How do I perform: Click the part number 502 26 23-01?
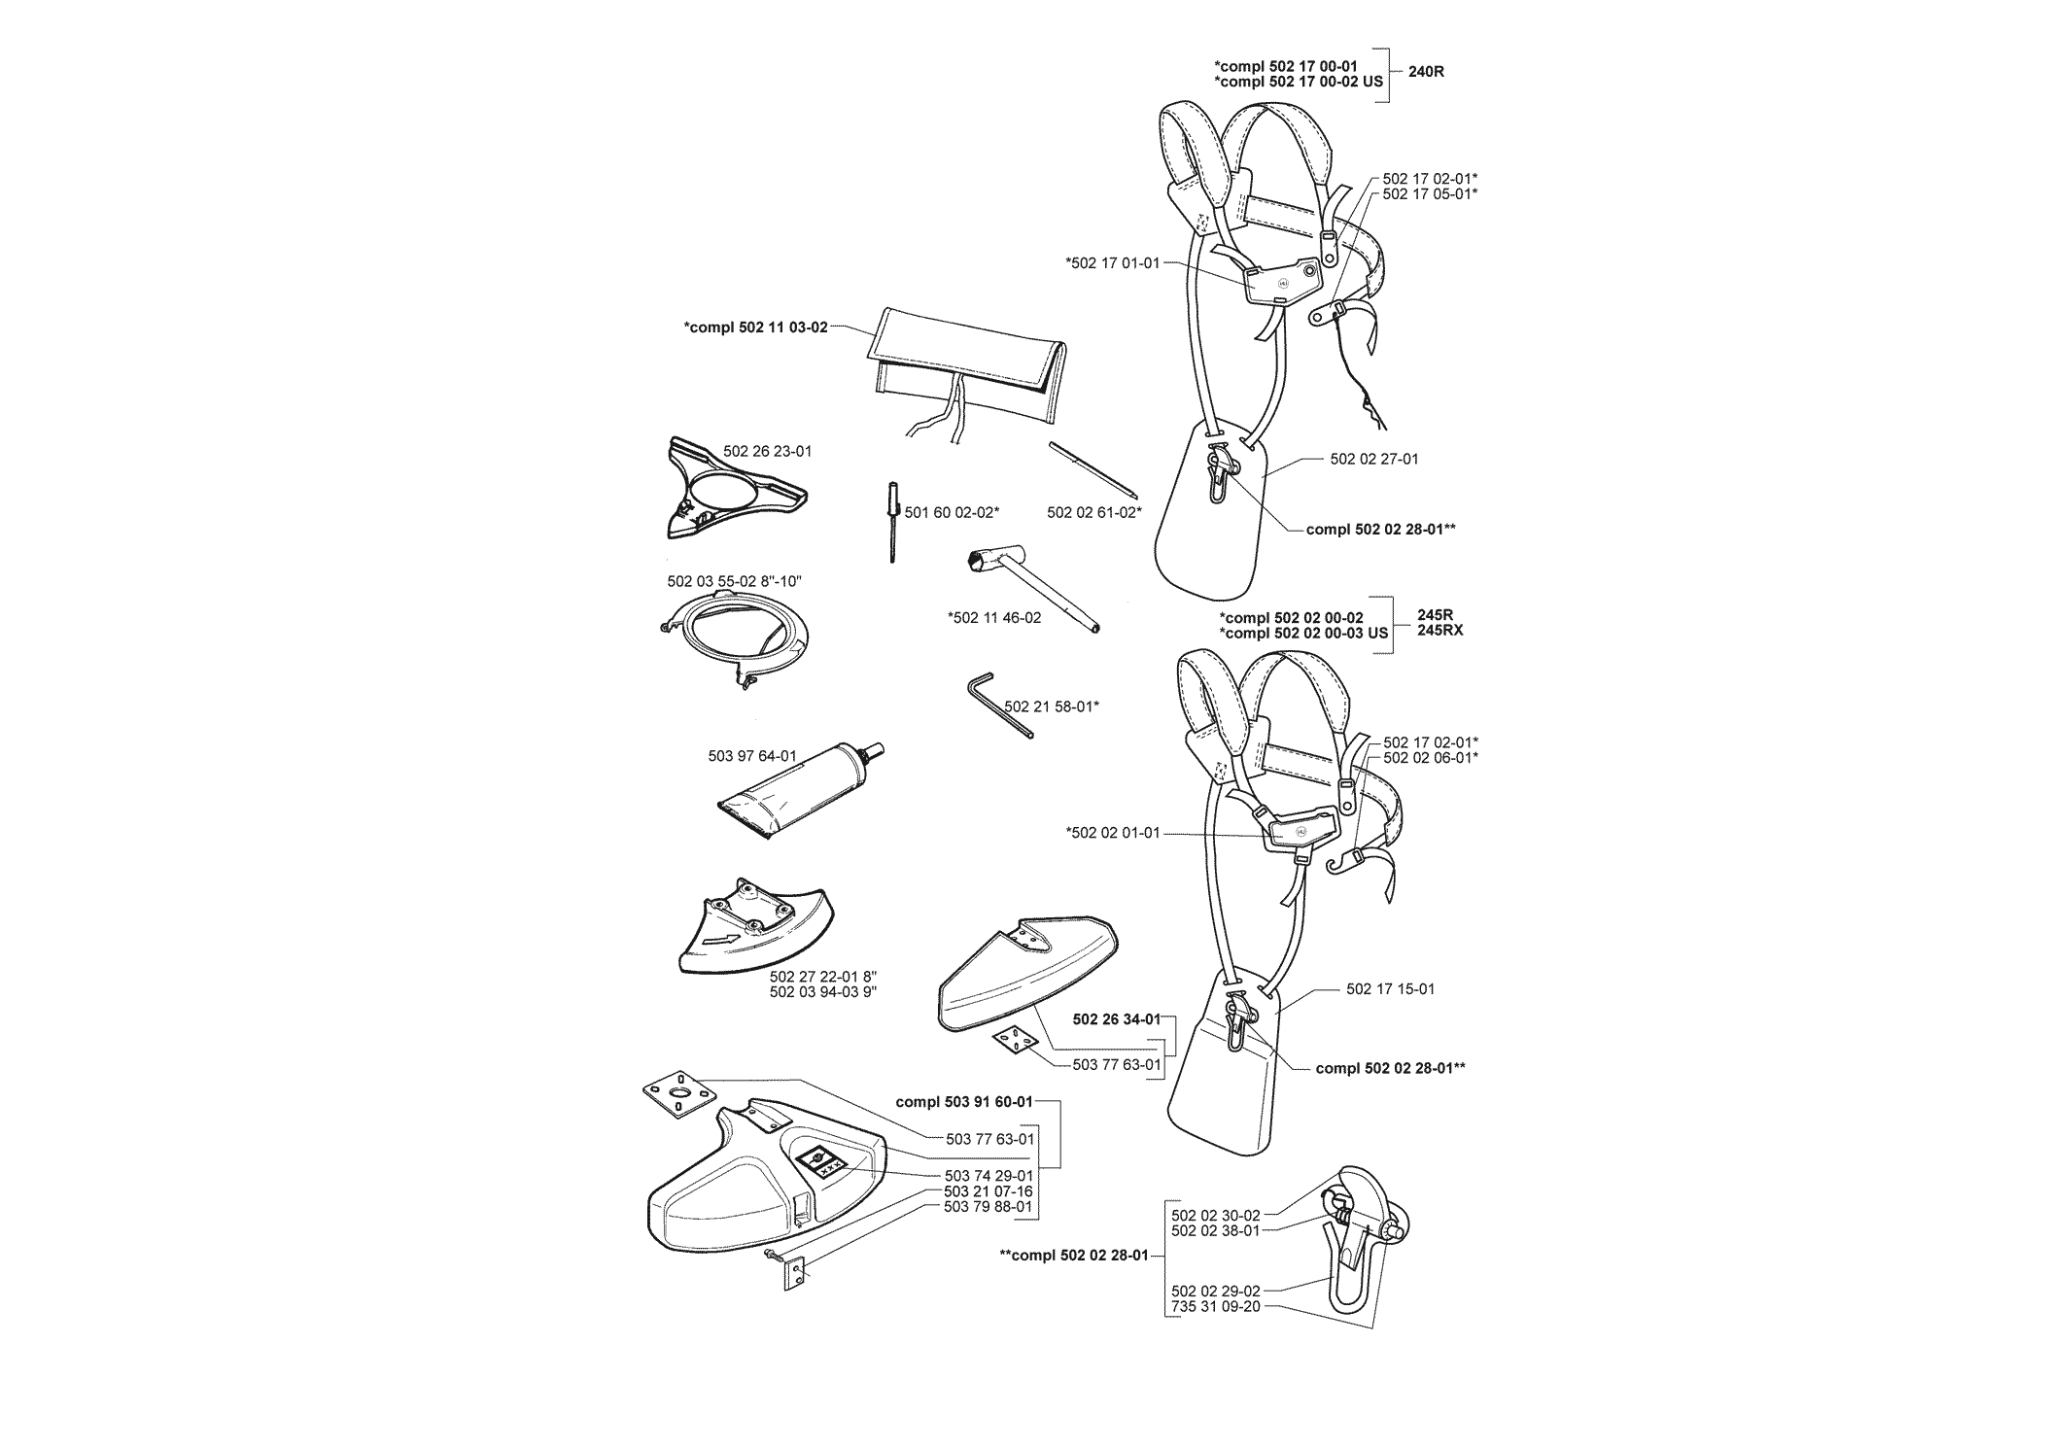point(767,452)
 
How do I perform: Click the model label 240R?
point(1426,72)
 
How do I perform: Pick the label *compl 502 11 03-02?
point(756,328)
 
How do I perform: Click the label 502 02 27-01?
point(1373,459)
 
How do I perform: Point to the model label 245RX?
point(1439,631)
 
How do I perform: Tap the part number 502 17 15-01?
point(1390,989)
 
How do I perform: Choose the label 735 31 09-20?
point(1215,1307)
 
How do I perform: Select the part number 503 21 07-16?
point(988,1191)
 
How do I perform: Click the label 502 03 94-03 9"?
point(822,992)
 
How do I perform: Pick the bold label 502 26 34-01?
point(1116,1019)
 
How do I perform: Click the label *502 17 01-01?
point(1113,262)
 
